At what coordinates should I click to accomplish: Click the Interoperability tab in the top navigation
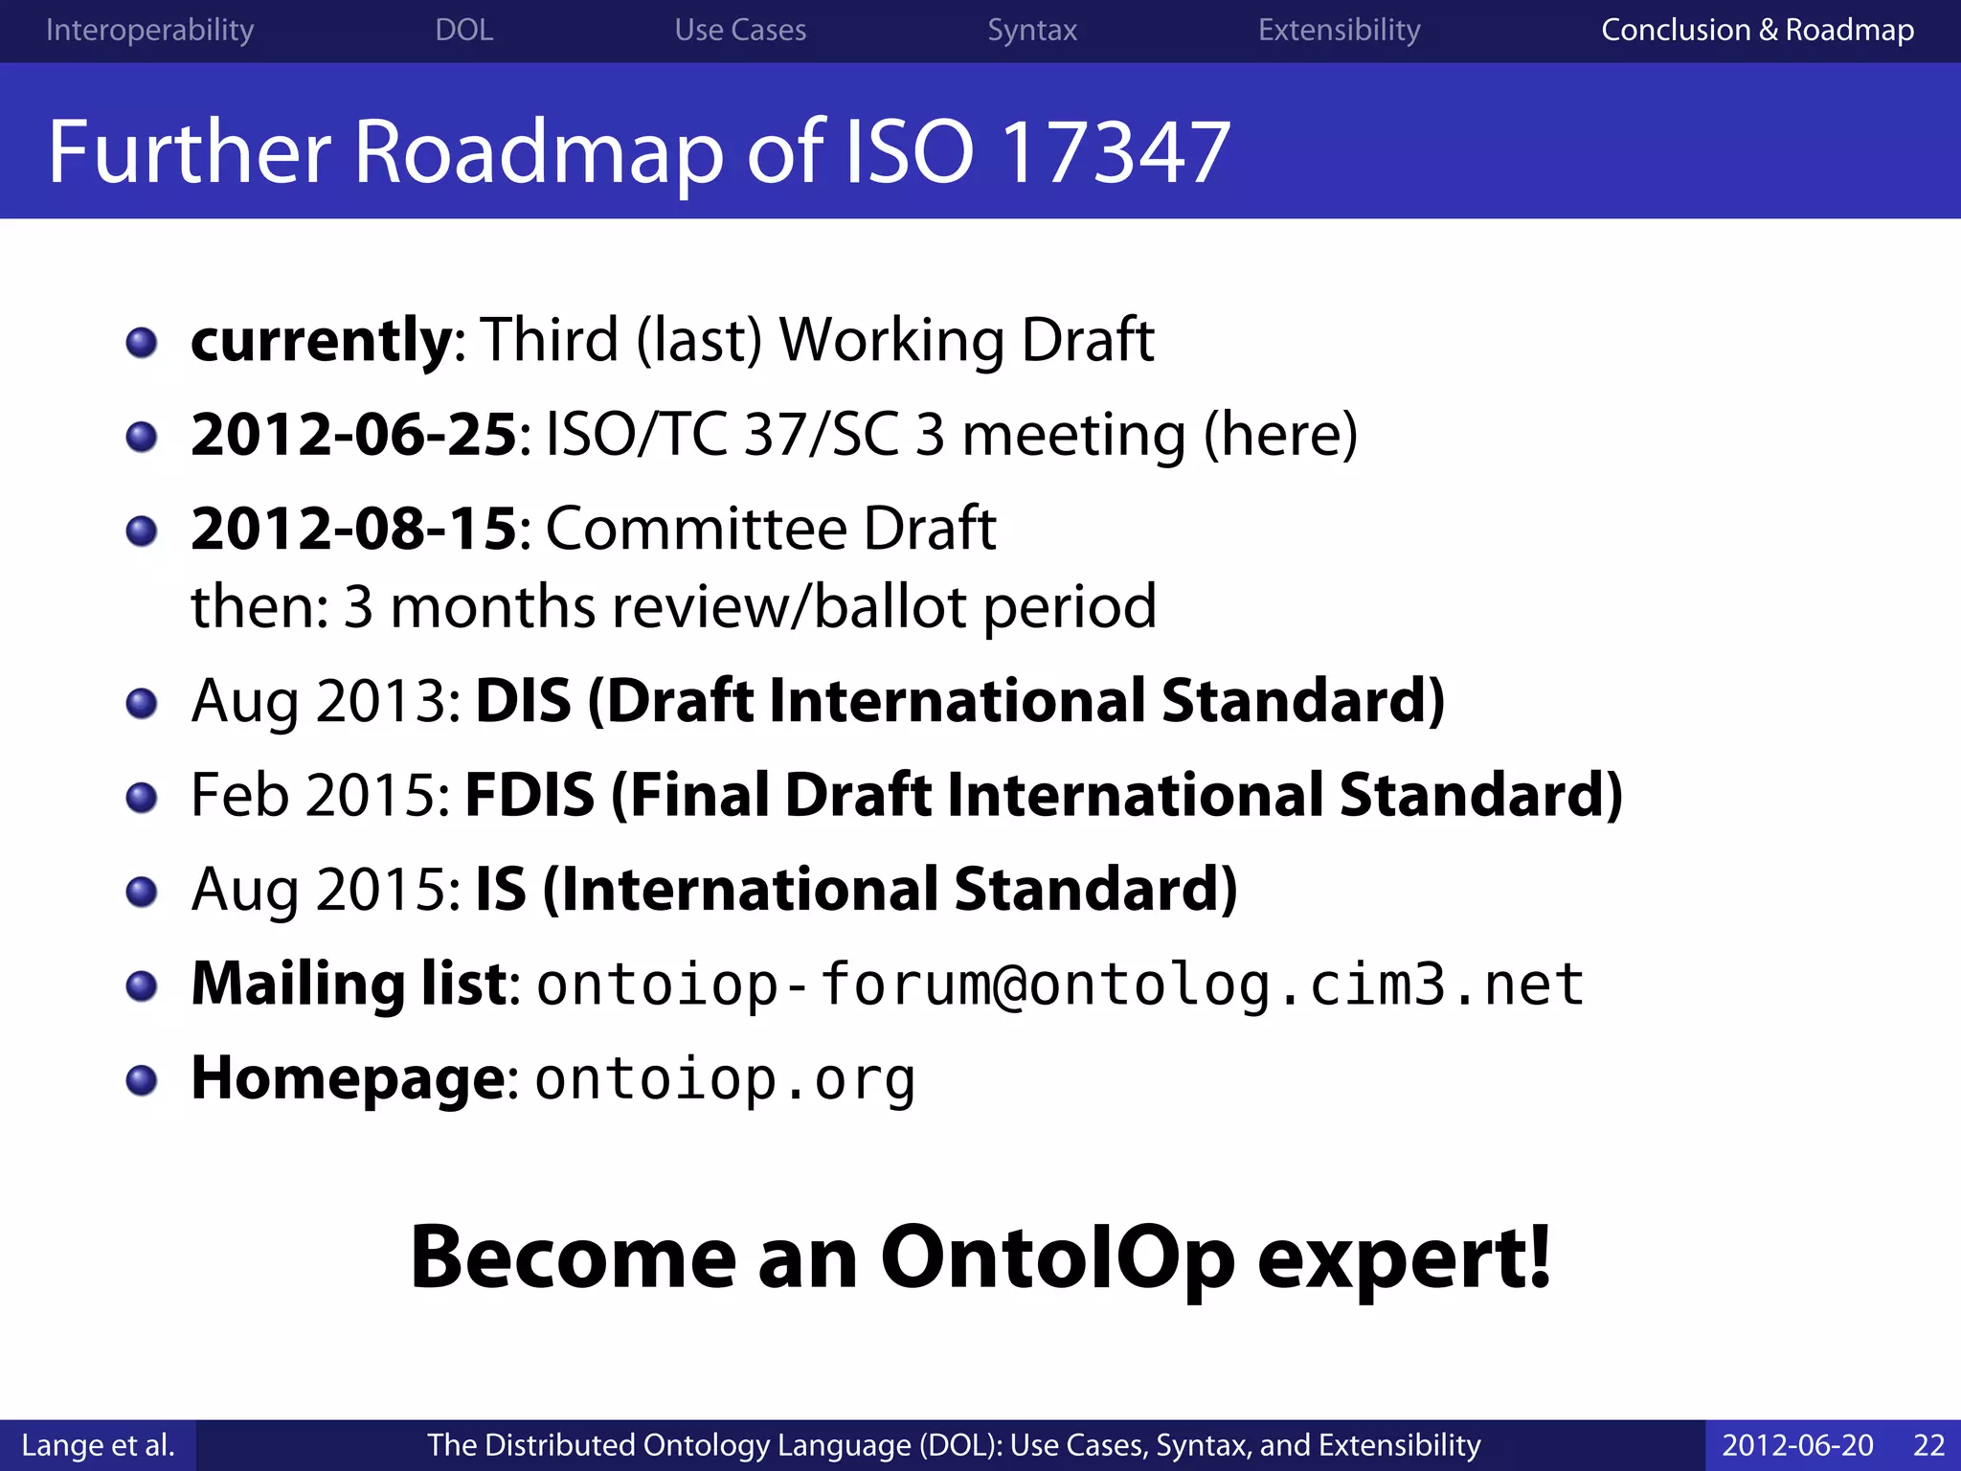point(149,30)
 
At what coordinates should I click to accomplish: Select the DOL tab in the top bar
point(464,30)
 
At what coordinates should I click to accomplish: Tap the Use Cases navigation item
point(740,30)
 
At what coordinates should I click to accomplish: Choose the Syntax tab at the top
point(1032,30)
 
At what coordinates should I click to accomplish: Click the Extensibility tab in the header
point(1339,30)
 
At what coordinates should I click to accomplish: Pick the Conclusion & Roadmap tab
point(1757,30)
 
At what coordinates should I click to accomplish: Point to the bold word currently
point(321,341)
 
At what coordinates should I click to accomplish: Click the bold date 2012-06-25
point(353,435)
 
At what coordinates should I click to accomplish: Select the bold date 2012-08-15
point(353,529)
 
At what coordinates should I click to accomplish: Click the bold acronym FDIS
point(530,795)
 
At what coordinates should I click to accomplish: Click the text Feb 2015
point(320,795)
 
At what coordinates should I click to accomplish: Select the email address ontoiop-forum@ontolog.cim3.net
point(1059,984)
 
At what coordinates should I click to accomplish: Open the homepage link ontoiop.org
point(725,1079)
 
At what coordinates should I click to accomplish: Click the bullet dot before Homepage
point(142,1080)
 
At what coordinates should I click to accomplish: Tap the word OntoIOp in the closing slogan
point(1057,1257)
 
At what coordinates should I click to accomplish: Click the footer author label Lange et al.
point(98,1444)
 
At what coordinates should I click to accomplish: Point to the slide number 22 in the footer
point(1928,1444)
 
